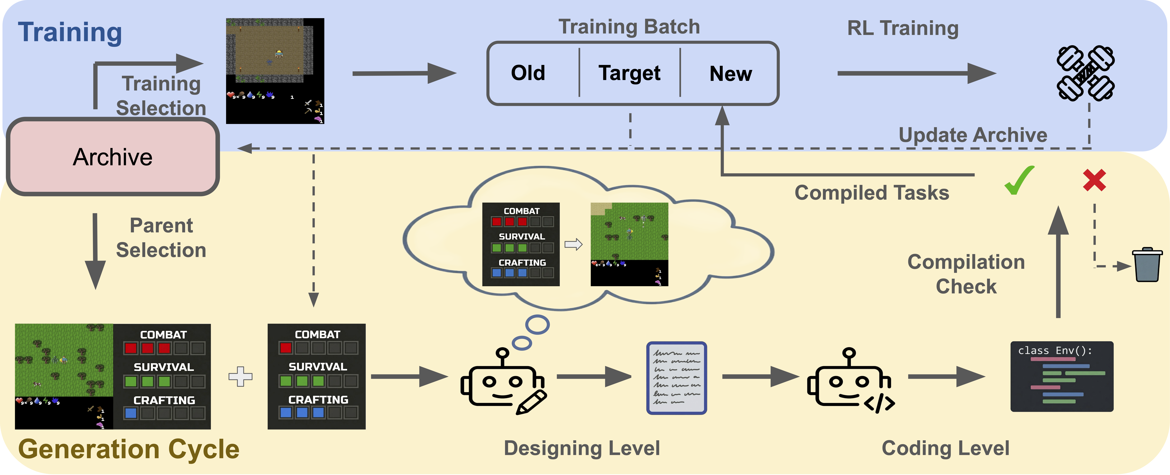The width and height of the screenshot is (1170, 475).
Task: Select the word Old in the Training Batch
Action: click(528, 73)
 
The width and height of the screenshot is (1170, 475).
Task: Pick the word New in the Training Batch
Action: click(730, 74)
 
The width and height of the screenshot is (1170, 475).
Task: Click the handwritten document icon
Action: click(676, 378)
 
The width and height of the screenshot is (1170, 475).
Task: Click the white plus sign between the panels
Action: click(240, 376)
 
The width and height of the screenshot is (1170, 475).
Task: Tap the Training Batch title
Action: click(629, 26)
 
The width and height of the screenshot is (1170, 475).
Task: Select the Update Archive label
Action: click(973, 135)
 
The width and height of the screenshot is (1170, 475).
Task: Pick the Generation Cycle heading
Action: click(129, 449)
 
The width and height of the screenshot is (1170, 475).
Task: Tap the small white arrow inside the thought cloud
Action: click(573, 244)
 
